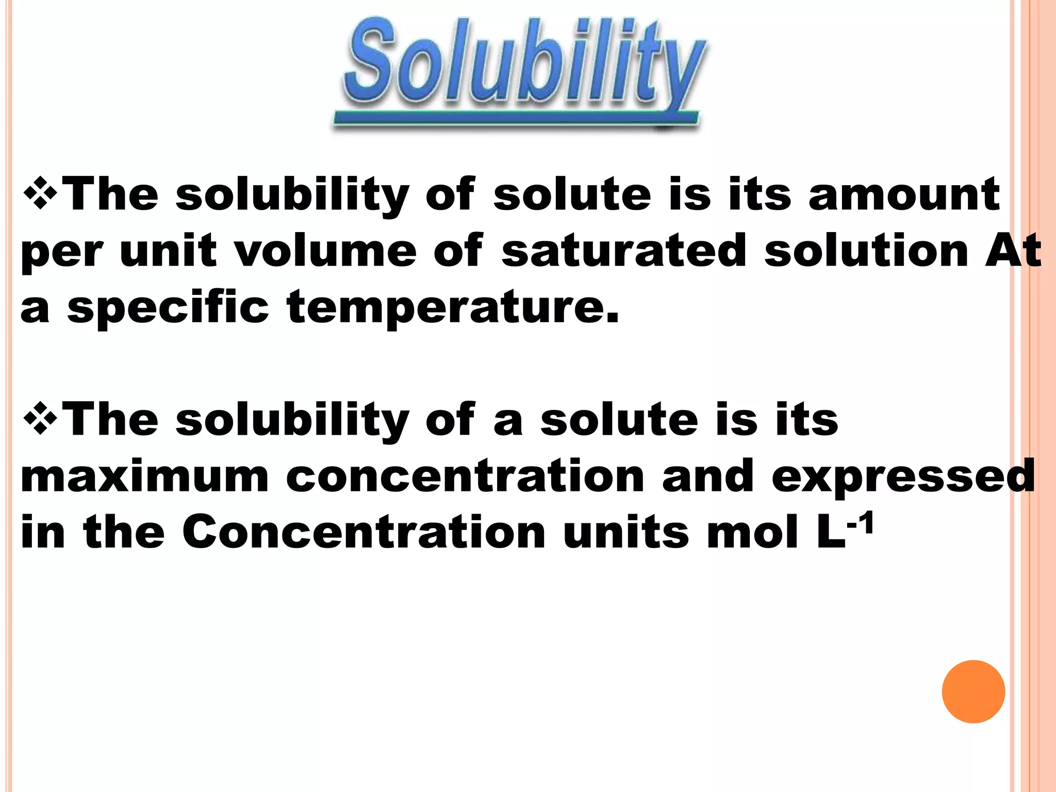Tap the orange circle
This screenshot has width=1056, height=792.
pyautogui.click(x=973, y=691)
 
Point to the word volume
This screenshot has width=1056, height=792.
pyautogui.click(x=325, y=251)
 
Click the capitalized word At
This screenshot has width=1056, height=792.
pyautogui.click(x=1012, y=251)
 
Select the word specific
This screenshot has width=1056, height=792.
pyautogui.click(x=168, y=308)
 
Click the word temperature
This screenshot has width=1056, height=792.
pyautogui.click(x=453, y=308)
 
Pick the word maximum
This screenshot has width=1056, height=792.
pyautogui.click(x=145, y=476)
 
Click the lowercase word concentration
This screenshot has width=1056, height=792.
pyautogui.click(x=465, y=476)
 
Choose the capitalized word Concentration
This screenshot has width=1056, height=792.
pyautogui.click(x=364, y=532)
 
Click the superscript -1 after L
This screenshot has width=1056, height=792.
pyautogui.click(x=860, y=524)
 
